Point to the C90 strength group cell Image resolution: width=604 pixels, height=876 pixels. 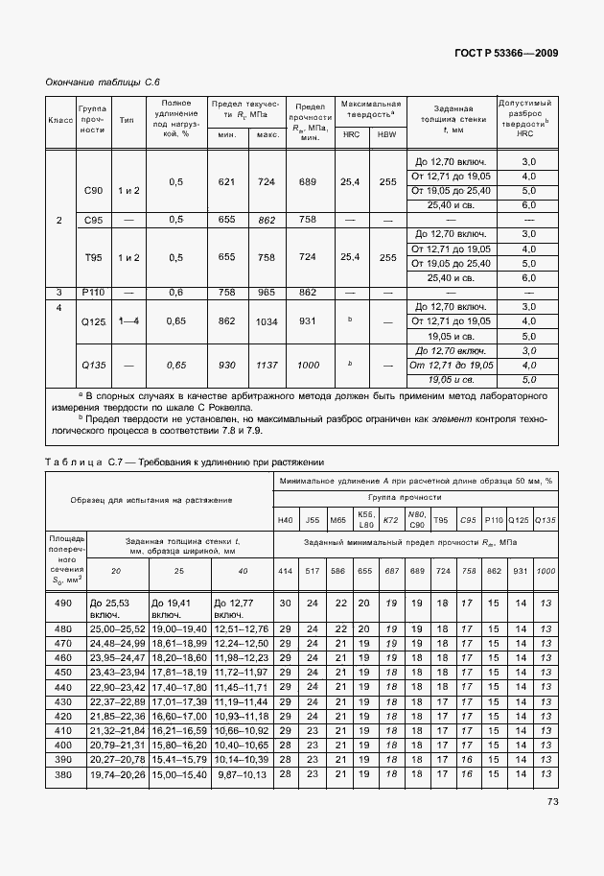tap(93, 190)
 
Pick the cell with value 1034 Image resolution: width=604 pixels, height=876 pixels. tap(267, 321)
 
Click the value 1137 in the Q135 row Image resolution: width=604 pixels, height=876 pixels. tap(267, 366)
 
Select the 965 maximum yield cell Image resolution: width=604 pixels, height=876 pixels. tap(267, 292)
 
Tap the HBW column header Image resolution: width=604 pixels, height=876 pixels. tap(386, 134)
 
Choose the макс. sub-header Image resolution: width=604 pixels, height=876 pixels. tap(267, 134)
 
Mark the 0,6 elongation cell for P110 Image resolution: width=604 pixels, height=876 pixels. tap(175, 292)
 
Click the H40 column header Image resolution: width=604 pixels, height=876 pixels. tap(285, 519)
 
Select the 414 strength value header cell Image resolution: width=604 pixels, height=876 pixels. tap(285, 571)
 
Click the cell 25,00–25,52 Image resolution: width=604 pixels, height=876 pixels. tap(116, 628)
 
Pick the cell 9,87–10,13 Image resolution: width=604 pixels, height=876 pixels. tap(240, 774)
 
